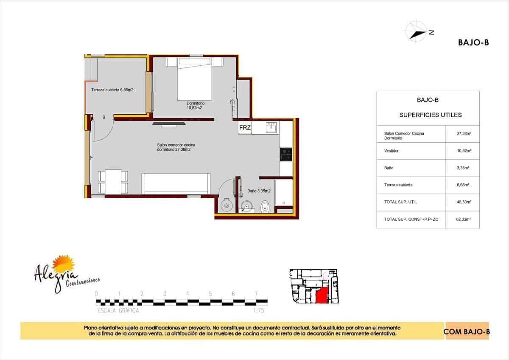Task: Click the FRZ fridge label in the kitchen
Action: (245, 127)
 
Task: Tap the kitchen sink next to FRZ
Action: (271, 127)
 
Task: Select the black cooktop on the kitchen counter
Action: (285, 154)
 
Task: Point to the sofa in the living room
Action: (176, 183)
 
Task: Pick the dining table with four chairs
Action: (113, 182)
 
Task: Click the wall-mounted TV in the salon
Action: (169, 124)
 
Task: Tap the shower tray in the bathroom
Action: (283, 193)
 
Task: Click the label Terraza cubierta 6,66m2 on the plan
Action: (112, 90)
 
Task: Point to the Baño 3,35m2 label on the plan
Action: (259, 191)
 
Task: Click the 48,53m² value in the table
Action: (462, 202)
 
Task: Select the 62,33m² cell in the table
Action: (462, 219)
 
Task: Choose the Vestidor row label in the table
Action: (391, 151)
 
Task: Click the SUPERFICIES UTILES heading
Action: (430, 115)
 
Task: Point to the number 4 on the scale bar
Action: (187, 294)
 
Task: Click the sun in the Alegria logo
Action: (66, 263)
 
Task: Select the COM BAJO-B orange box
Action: (467, 331)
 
